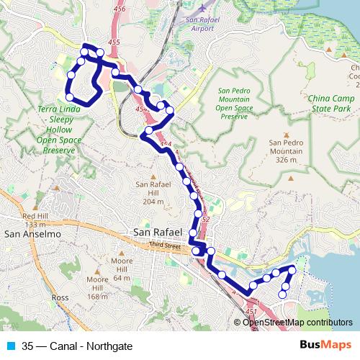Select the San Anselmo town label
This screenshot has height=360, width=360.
[26, 234]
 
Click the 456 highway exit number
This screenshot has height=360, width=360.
[119, 9]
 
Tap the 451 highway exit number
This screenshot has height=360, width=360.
[251, 310]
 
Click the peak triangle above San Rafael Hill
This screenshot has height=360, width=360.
[152, 176]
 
